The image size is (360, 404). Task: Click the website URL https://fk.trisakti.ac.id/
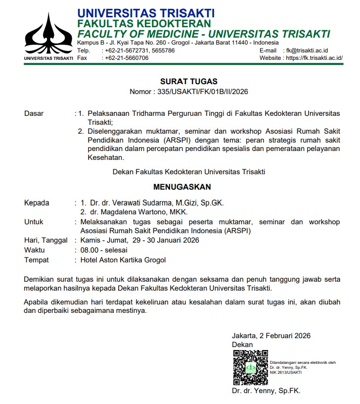point(315,58)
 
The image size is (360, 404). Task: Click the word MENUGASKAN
point(182,187)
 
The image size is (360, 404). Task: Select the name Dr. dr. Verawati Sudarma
point(135,203)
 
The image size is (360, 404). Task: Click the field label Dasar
point(34,113)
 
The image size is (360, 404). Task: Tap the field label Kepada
point(37,203)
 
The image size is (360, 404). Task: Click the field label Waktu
point(34,251)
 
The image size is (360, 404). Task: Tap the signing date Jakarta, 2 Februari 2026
point(271,336)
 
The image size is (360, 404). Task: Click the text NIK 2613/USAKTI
point(286,372)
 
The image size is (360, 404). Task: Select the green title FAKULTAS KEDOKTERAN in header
point(144,23)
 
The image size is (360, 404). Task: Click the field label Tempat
point(36,260)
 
